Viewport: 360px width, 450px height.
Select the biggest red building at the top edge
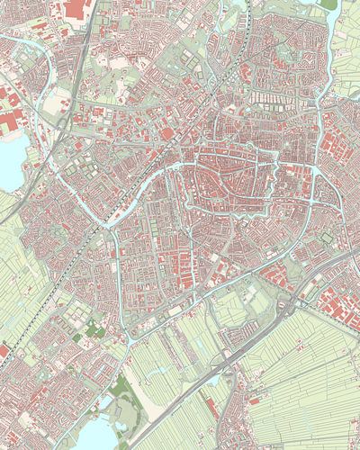coord(74,8)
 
